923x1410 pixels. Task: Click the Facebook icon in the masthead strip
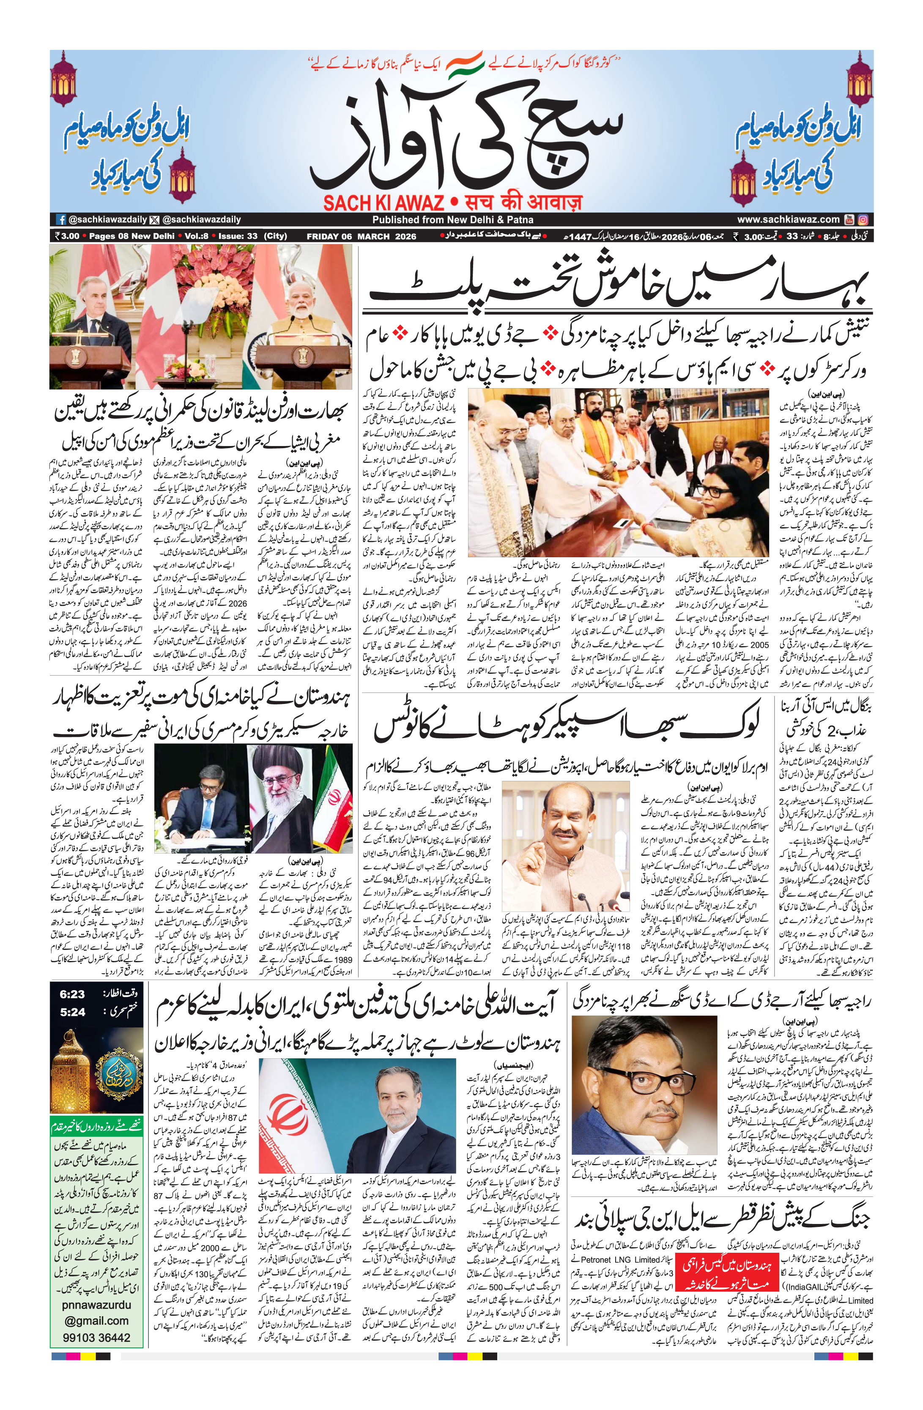60,219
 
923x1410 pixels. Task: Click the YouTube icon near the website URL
849,219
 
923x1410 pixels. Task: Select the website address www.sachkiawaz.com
788,219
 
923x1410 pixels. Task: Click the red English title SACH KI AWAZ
383,203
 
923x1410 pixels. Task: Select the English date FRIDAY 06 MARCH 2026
362,236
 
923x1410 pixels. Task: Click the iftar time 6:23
72,994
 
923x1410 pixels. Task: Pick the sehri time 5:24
72,1012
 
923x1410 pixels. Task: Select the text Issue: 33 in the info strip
238,236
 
